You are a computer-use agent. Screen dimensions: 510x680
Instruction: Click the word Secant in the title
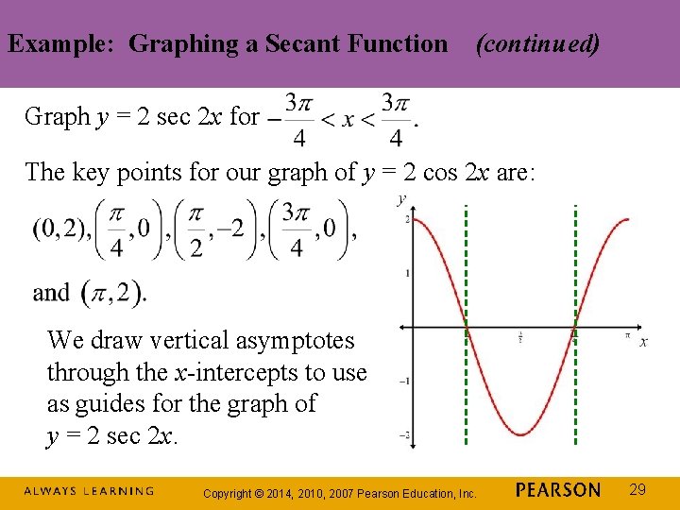pyautogui.click(x=306, y=43)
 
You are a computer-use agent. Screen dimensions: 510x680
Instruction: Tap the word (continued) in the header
pyautogui.click(x=537, y=43)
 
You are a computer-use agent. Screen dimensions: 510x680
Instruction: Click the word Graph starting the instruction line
pyautogui.click(x=57, y=116)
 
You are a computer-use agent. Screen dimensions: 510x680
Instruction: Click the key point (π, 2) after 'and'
pyautogui.click(x=113, y=293)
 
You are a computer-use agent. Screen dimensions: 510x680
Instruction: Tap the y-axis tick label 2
pyautogui.click(x=407, y=219)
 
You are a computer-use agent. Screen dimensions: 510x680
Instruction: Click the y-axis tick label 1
pyautogui.click(x=407, y=273)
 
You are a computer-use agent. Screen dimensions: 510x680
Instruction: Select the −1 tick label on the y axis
pyautogui.click(x=405, y=382)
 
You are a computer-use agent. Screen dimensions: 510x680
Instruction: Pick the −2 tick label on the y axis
pyautogui.click(x=405, y=435)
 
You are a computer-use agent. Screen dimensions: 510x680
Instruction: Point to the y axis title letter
pyautogui.click(x=402, y=199)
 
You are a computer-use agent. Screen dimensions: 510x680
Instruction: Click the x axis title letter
pyautogui.click(x=643, y=341)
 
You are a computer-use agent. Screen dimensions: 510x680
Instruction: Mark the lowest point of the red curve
pyautogui.click(x=520, y=435)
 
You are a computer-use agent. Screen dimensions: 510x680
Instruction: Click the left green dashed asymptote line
pyautogui.click(x=467, y=378)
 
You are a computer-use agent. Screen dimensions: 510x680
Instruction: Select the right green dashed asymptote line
pyautogui.click(x=574, y=378)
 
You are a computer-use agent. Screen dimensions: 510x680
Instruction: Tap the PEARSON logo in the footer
pyautogui.click(x=558, y=490)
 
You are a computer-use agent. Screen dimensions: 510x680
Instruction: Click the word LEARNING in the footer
pyautogui.click(x=117, y=491)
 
